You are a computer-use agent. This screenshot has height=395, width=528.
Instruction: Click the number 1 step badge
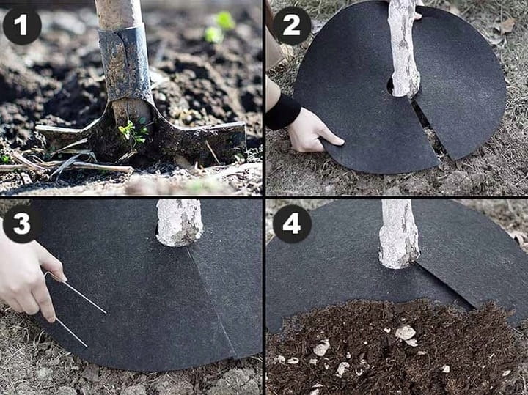pyautogui.click(x=22, y=26)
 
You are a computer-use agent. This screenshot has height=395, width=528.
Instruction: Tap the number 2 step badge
pyautogui.click(x=292, y=26)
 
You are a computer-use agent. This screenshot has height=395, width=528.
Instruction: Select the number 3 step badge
pyautogui.click(x=22, y=224)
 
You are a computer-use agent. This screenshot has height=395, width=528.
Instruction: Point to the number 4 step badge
pyautogui.click(x=292, y=224)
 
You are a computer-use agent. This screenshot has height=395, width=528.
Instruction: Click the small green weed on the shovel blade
pyautogui.click(x=133, y=130)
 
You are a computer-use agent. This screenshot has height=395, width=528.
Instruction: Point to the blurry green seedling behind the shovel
pyautogui.click(x=220, y=27)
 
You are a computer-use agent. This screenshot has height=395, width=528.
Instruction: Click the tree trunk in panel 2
pyautogui.click(x=404, y=47)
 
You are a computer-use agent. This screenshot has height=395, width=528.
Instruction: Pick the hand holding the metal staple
pyautogui.click(x=29, y=273)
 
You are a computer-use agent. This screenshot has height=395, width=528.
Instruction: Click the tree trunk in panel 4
pyautogui.click(x=400, y=234)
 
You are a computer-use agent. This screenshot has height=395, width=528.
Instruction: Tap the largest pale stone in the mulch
pyautogui.click(x=405, y=333)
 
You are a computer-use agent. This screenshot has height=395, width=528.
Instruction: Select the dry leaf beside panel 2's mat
pyautogui.click(x=507, y=26)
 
